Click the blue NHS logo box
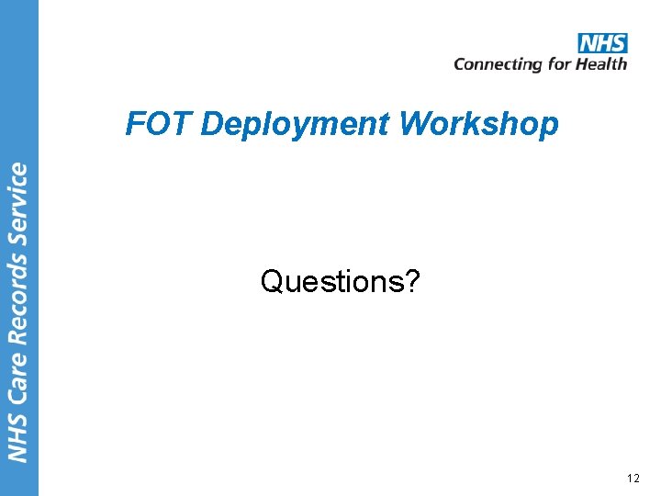pos(602,43)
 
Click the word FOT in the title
pos(150,123)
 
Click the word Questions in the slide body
pos(331,281)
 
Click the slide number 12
pos(633,478)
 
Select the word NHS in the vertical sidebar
pos(18,434)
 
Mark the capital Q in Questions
pos(271,281)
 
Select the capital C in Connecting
pos(460,63)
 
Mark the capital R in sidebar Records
pos(18,336)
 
